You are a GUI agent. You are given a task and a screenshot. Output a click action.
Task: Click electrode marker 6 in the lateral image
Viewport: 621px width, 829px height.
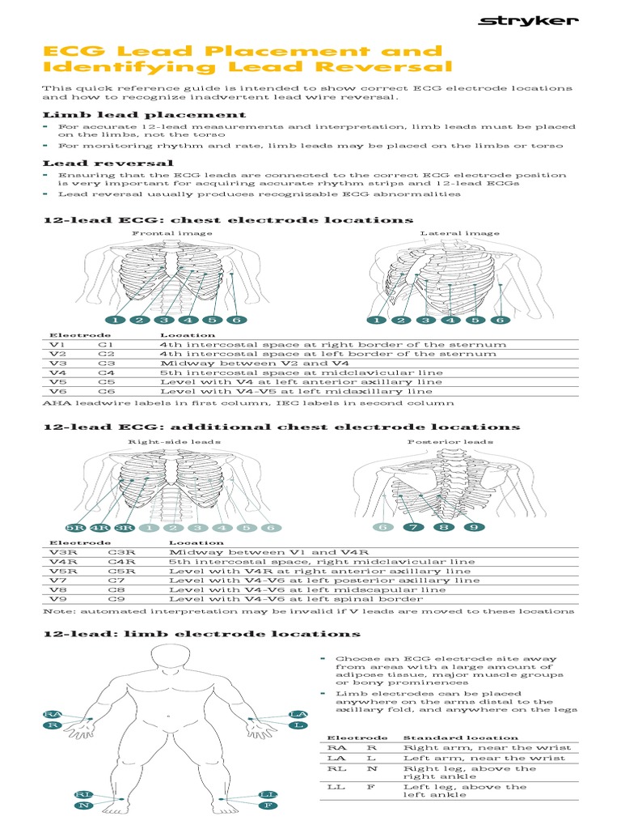(500, 320)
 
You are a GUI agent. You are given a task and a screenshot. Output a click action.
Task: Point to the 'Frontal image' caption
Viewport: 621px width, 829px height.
(172, 233)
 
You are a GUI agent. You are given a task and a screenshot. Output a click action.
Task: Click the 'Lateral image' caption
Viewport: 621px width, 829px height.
(459, 233)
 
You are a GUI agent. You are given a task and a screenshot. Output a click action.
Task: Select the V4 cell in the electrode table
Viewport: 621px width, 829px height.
(57, 372)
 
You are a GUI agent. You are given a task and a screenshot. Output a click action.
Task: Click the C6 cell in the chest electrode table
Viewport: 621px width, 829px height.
(107, 391)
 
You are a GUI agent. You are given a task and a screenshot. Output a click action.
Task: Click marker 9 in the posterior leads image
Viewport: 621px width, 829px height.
(473, 528)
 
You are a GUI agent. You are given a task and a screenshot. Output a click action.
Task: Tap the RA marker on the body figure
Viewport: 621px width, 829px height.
(53, 713)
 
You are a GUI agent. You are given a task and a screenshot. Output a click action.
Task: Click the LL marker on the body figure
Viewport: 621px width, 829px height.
(268, 795)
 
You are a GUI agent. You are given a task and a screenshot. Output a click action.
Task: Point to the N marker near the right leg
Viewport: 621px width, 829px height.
(83, 806)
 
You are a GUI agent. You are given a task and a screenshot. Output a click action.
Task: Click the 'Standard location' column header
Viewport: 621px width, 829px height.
(461, 738)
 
